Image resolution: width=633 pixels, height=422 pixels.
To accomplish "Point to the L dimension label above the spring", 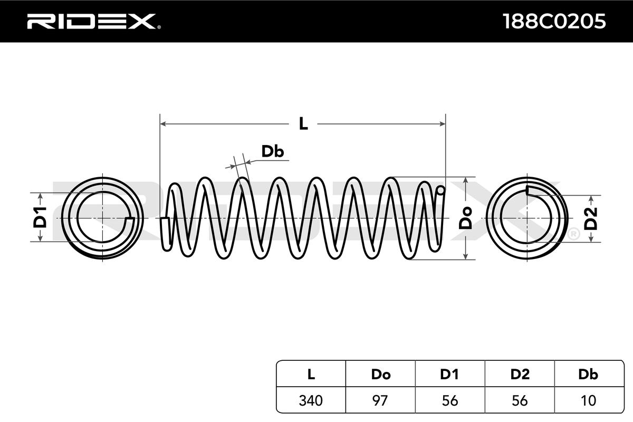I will pyautogui.click(x=303, y=124).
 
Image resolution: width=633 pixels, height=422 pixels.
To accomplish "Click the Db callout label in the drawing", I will pyautogui.click(x=273, y=152).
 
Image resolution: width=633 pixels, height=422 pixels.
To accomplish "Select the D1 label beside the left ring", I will pyautogui.click(x=41, y=217).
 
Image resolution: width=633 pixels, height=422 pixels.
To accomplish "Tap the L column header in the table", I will pyautogui.click(x=311, y=375).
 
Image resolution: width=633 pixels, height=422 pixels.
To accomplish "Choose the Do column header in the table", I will pyautogui.click(x=380, y=375).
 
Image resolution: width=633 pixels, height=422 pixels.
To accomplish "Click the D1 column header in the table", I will pyautogui.click(x=449, y=375).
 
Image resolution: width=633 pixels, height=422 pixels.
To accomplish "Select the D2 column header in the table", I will pyautogui.click(x=520, y=375).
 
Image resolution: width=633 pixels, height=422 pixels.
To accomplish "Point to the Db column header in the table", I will pyautogui.click(x=588, y=375).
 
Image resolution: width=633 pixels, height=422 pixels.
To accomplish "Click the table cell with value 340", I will pyautogui.click(x=311, y=400).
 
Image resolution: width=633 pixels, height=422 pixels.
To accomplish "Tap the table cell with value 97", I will pyautogui.click(x=380, y=400).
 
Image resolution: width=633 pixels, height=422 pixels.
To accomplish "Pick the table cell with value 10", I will pyautogui.click(x=588, y=400).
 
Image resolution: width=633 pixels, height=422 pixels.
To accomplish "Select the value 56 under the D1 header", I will pyautogui.click(x=449, y=400).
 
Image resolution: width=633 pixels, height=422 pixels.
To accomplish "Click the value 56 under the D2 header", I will pyautogui.click(x=520, y=400).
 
